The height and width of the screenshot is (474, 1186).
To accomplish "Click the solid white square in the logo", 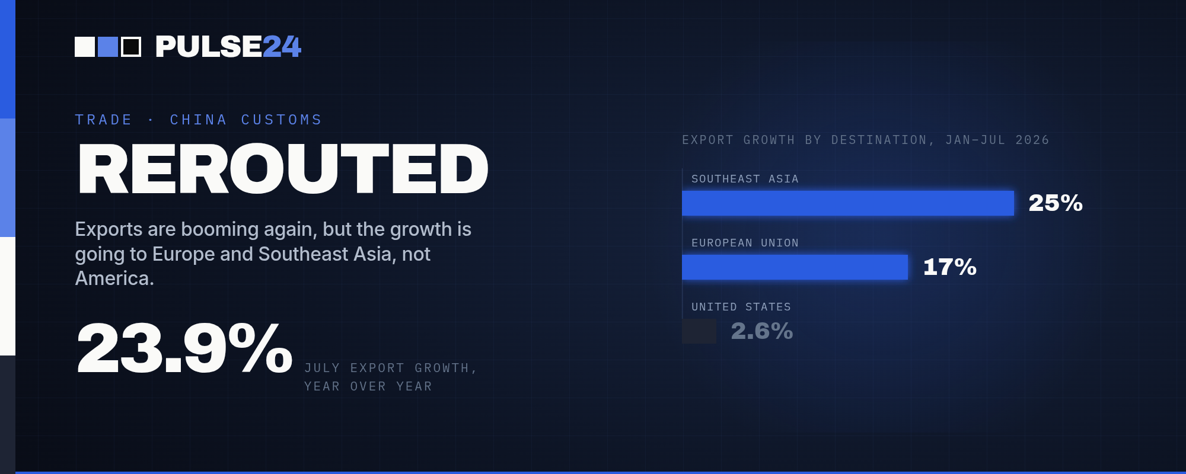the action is click(x=85, y=47).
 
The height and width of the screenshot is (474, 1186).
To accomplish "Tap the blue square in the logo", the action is click(x=108, y=47).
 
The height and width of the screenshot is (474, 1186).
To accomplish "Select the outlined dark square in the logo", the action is click(x=131, y=47).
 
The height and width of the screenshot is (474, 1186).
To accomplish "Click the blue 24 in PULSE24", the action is click(x=282, y=47).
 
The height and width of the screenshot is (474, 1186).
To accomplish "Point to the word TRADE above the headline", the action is click(x=103, y=120).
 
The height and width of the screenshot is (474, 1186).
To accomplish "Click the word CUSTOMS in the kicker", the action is click(x=281, y=120).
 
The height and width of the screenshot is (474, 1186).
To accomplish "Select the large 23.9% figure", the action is click(x=184, y=348).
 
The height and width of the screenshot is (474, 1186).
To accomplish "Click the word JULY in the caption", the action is click(x=322, y=368).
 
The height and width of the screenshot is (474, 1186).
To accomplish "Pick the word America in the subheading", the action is click(x=114, y=278).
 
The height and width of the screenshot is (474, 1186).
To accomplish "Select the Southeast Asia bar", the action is click(x=848, y=203).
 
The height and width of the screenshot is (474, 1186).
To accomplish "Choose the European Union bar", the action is click(x=795, y=267).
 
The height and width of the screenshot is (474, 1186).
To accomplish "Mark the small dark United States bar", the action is click(x=699, y=331).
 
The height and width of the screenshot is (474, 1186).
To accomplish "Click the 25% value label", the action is click(x=1056, y=203).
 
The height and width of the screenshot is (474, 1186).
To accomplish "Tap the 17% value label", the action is click(x=949, y=267).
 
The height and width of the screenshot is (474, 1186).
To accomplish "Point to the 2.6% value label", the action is click(x=761, y=331).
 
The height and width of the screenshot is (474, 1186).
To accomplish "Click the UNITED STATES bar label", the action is click(x=741, y=307).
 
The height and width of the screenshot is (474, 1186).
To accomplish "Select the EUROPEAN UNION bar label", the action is click(x=745, y=243).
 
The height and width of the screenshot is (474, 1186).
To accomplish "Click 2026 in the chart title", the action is click(x=1032, y=140).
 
